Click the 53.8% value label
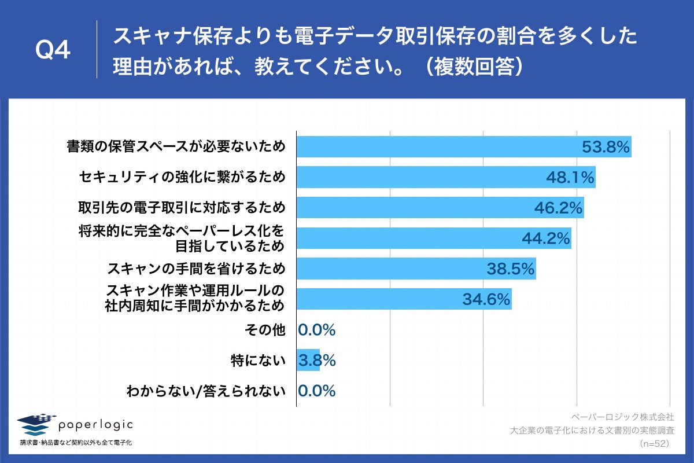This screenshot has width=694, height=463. [605, 148]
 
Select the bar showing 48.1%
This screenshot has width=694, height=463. [445, 178]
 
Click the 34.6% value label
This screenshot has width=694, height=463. [486, 299]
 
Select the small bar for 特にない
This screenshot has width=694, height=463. [308, 360]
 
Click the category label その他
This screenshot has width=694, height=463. [265, 330]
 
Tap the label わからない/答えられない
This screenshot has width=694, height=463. [206, 391]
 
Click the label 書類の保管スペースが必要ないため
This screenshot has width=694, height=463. [176, 147]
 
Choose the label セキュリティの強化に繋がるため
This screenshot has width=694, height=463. [182, 177]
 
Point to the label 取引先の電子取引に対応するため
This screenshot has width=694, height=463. [182, 207]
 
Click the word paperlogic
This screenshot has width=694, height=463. [95, 425]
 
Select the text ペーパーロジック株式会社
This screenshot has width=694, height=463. [622, 417]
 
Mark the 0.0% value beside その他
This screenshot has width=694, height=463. [317, 330]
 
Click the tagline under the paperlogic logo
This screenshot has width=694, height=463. [76, 443]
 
